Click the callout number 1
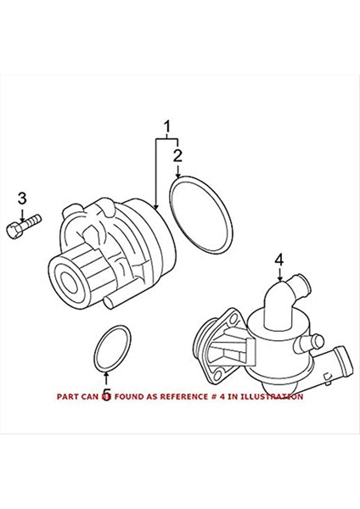tap(167, 128)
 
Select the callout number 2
tap(178, 155)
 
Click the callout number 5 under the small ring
tap(106, 394)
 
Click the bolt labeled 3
tap(23, 228)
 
